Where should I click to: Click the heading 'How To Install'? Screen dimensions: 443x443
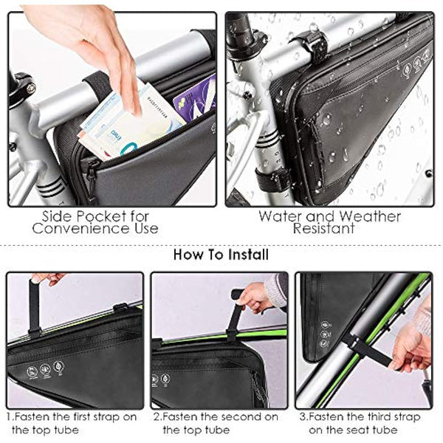click(x=221, y=255)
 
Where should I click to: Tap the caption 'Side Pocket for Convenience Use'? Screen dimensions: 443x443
click(x=111, y=222)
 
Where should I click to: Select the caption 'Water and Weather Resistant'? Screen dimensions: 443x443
click(x=329, y=222)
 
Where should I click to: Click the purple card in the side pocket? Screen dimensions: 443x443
click(x=193, y=100)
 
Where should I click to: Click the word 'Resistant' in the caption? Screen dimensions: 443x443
click(x=329, y=229)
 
